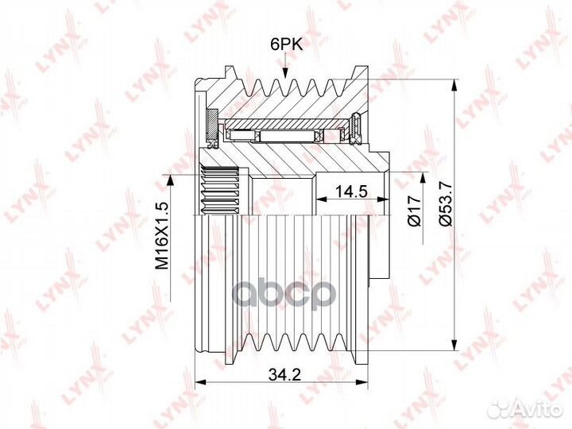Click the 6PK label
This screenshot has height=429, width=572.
click(287, 44)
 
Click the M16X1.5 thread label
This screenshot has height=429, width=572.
click(162, 236)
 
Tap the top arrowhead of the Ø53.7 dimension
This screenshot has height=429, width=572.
click(454, 85)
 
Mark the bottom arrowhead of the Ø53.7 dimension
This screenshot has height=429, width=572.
click(454, 344)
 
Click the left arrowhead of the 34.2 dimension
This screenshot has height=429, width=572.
click(201, 382)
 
